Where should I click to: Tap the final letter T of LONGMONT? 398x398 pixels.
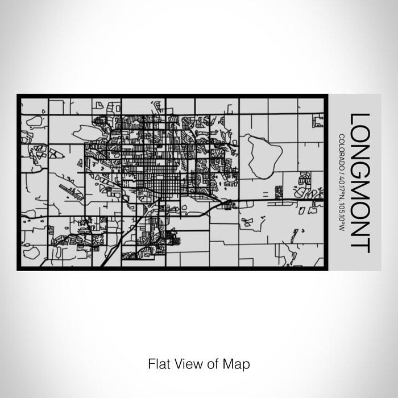(361, 245)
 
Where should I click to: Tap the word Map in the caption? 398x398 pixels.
(239, 362)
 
